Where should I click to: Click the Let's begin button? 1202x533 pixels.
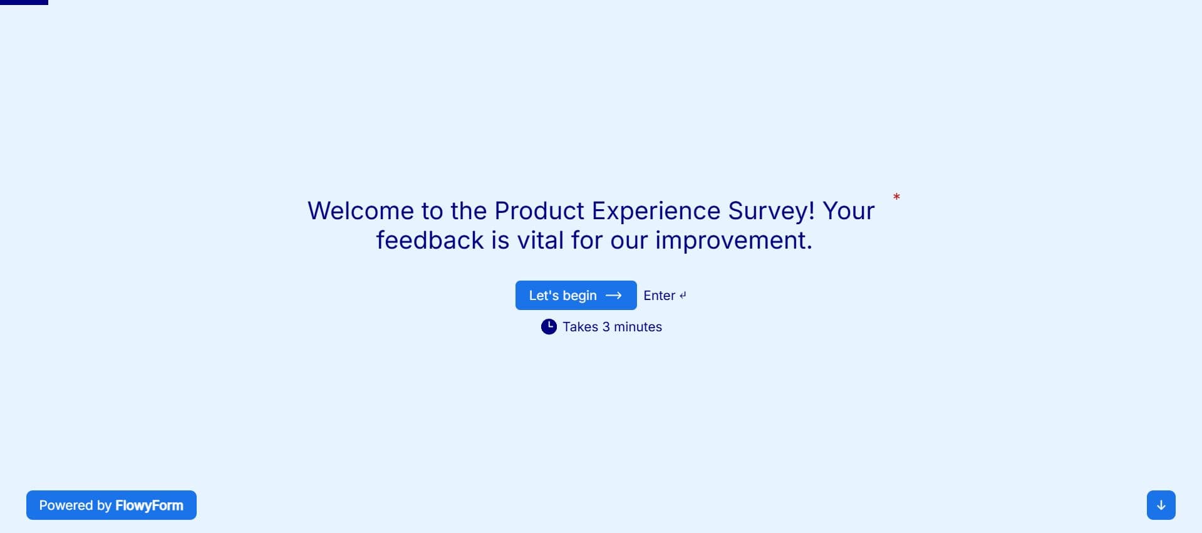pos(576,295)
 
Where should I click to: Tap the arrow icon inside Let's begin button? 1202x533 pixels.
pos(614,296)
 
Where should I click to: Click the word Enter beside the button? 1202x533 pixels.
pos(659,296)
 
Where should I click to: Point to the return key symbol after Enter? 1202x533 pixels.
pos(683,296)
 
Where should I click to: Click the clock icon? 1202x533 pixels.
pos(549,327)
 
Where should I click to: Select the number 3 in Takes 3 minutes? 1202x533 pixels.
pos(606,327)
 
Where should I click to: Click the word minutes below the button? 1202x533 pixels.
pos(638,327)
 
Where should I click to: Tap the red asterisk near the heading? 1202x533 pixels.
pos(896,197)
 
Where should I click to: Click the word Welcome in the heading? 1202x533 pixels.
pos(361,210)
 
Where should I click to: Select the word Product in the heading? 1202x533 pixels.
pos(539,210)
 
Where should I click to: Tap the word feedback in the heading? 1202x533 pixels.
pos(430,240)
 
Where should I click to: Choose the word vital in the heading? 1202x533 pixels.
pos(540,240)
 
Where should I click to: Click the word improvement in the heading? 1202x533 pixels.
pos(731,241)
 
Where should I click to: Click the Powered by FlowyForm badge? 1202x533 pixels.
pos(111,505)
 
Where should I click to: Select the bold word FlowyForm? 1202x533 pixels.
pos(149,505)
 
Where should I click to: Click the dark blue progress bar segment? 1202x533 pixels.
pos(24,3)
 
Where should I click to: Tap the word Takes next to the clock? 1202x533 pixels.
pos(580,327)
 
